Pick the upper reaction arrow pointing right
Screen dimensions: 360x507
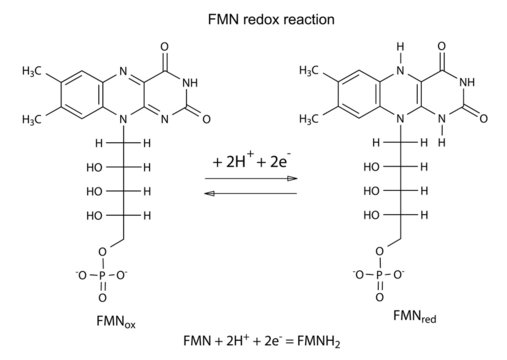pyautogui.click(x=251, y=177)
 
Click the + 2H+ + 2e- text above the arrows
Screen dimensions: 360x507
pyautogui.click(x=251, y=160)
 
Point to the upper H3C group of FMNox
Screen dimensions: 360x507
pyautogui.click(x=32, y=72)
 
